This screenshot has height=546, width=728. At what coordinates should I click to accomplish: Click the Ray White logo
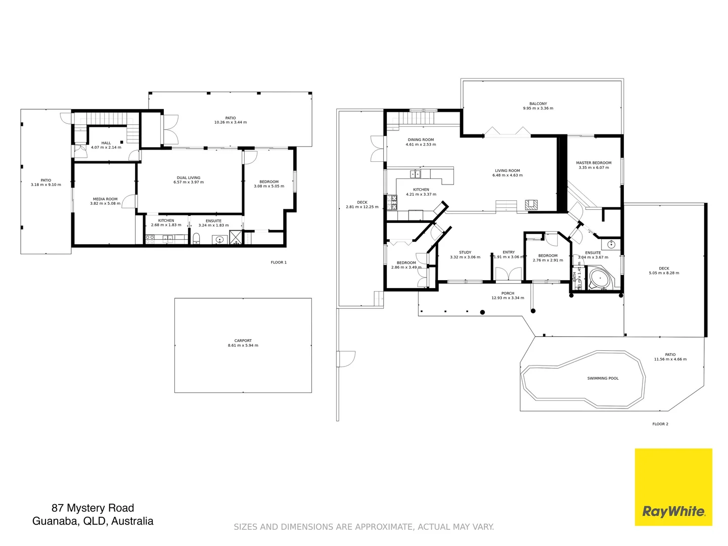click(x=673, y=487)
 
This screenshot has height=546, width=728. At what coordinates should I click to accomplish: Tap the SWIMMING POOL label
click(x=603, y=378)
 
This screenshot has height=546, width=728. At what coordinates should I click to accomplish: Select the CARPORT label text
click(x=243, y=341)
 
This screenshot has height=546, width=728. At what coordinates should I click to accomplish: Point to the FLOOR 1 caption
click(x=279, y=262)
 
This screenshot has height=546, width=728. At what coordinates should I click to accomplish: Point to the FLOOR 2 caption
click(x=660, y=424)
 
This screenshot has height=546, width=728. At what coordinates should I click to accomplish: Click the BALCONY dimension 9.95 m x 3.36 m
click(x=538, y=108)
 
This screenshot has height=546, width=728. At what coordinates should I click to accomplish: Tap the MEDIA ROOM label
click(x=105, y=199)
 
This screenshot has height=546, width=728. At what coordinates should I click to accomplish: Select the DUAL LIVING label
click(x=189, y=178)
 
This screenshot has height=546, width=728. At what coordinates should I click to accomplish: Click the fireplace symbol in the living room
click(x=531, y=205)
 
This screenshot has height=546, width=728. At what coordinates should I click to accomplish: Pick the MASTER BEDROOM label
click(x=594, y=163)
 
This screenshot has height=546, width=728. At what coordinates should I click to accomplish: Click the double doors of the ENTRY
click(x=508, y=274)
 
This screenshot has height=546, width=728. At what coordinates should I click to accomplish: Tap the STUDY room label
click(x=465, y=252)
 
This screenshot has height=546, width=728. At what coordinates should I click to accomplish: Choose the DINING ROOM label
click(x=421, y=140)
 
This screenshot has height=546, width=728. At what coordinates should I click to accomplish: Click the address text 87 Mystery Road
click(x=93, y=508)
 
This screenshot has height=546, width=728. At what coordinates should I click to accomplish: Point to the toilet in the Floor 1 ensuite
click(x=197, y=239)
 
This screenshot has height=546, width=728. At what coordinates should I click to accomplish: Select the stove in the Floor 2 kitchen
click(x=392, y=202)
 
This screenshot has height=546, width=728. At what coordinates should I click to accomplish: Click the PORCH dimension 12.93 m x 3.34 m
click(x=508, y=298)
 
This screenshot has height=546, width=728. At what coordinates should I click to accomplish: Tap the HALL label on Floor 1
click(x=106, y=143)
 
